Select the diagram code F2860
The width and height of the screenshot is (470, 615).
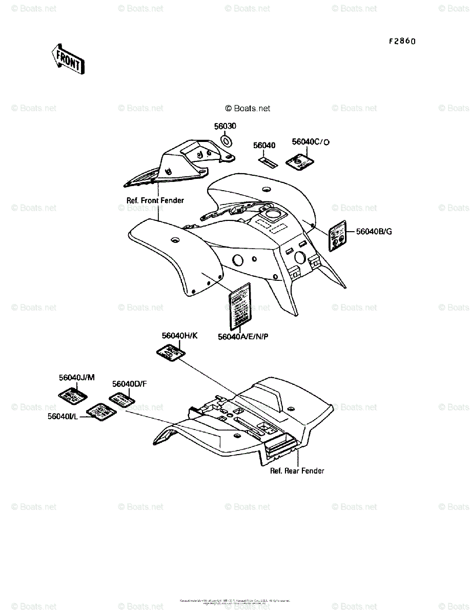(402, 41)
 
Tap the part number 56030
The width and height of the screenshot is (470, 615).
(225, 126)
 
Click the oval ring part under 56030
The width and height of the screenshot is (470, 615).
(226, 140)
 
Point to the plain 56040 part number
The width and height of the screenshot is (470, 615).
(264, 146)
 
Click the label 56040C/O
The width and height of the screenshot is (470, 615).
(310, 141)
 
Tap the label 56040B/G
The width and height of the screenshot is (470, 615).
(374, 231)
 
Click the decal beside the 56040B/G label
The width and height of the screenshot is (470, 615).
(337, 236)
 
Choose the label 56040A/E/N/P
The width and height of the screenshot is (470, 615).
(243, 336)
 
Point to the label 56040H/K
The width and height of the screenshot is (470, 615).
(179, 336)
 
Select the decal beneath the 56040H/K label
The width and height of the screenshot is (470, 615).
(170, 353)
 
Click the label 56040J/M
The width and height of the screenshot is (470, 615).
(77, 378)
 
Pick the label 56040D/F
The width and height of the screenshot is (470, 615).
(130, 384)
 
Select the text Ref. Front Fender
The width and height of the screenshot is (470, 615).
(155, 200)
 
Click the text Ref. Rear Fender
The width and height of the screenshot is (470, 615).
(297, 470)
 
